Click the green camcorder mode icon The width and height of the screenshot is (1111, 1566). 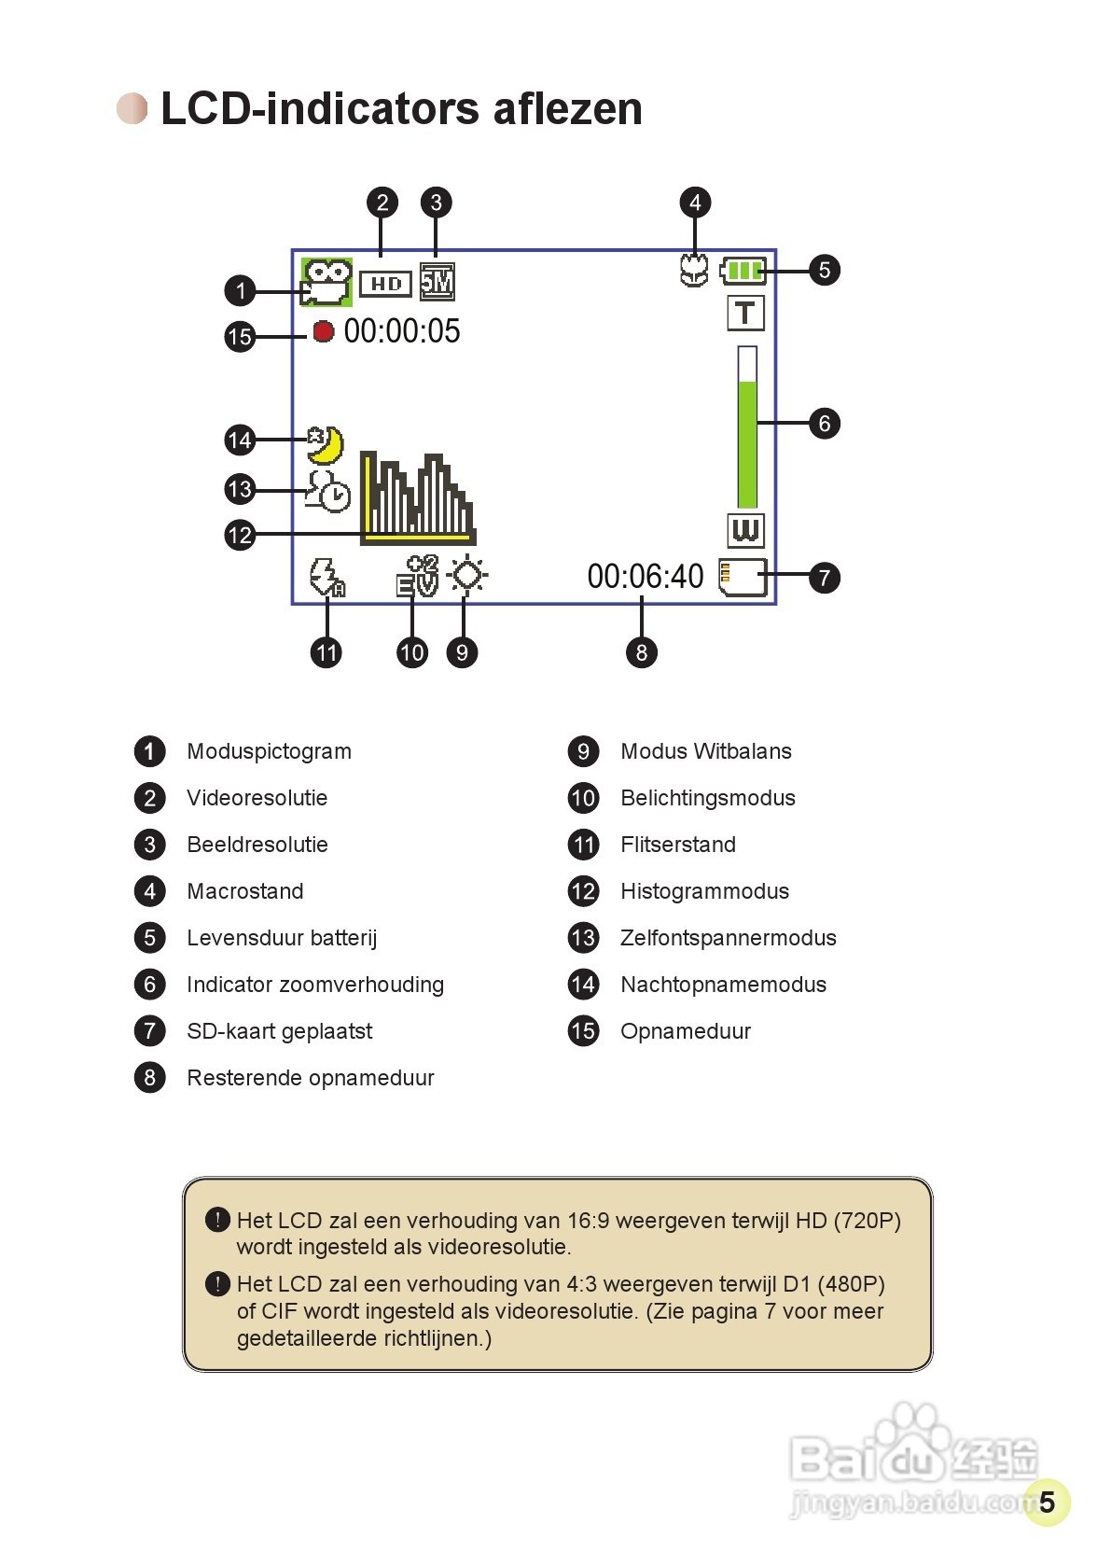[x=326, y=283]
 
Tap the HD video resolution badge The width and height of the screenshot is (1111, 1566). [x=385, y=283]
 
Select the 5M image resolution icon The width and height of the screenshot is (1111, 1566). [x=437, y=282]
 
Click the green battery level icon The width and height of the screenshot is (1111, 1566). [x=743, y=271]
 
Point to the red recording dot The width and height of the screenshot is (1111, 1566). [x=323, y=331]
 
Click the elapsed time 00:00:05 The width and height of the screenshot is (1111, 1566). [x=402, y=331]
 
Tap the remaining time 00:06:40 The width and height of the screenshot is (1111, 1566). [x=646, y=577]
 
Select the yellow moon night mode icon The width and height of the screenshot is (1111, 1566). [x=326, y=445]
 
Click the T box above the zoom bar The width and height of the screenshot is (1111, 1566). [x=745, y=313]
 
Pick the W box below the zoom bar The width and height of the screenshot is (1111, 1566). [x=745, y=530]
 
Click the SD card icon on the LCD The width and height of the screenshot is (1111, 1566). [x=743, y=577]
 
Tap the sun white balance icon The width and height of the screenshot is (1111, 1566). [x=467, y=575]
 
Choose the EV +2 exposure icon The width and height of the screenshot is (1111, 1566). [x=417, y=576]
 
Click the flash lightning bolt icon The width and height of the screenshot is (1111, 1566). [x=326, y=577]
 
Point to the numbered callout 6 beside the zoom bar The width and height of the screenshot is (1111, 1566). [x=824, y=424]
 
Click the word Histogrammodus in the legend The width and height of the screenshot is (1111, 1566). [x=704, y=891]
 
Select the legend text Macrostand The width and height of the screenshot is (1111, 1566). [x=244, y=891]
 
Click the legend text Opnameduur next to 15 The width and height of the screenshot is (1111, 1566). [x=686, y=1031]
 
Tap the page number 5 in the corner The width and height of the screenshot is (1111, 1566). [x=1047, y=1502]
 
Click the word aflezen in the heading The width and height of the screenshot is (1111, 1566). [x=567, y=108]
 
